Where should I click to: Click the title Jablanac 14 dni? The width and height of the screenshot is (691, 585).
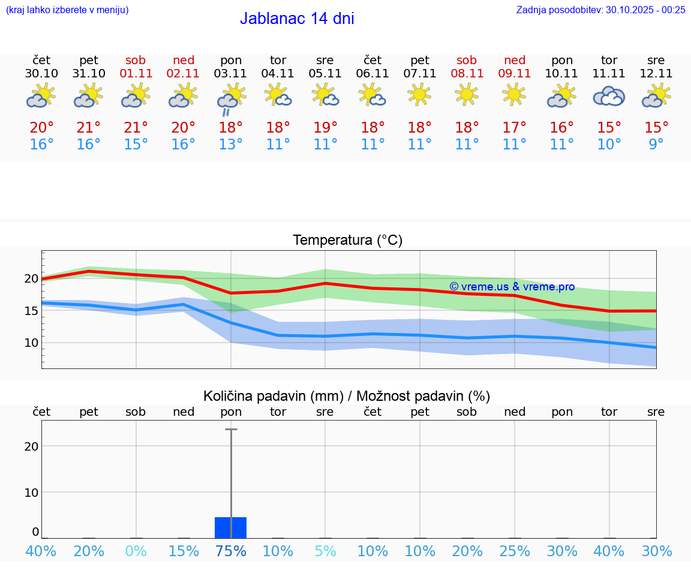297,19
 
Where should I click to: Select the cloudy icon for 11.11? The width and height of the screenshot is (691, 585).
609,96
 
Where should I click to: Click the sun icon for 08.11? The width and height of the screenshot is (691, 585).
467,94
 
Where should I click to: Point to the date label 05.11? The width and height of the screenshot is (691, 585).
325,74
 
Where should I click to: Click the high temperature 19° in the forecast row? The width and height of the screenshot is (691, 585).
325,128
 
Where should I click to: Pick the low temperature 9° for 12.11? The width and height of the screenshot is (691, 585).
656,145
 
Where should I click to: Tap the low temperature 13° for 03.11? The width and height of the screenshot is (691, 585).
230,145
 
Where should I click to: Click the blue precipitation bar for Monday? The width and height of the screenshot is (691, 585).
230,527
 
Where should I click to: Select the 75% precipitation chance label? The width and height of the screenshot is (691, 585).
230,551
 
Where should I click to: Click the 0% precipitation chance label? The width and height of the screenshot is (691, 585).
136,551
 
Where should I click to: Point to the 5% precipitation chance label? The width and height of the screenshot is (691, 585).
325,551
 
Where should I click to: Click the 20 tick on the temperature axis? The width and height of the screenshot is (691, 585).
31,278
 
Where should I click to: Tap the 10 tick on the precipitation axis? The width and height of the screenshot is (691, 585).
31,492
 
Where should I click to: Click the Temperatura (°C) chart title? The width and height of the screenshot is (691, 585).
347,241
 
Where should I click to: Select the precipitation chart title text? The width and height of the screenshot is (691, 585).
347,396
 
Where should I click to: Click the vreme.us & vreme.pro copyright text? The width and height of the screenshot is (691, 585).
512,287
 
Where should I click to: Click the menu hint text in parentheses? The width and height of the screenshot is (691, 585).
67,10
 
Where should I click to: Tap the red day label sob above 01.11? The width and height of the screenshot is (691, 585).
136,60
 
